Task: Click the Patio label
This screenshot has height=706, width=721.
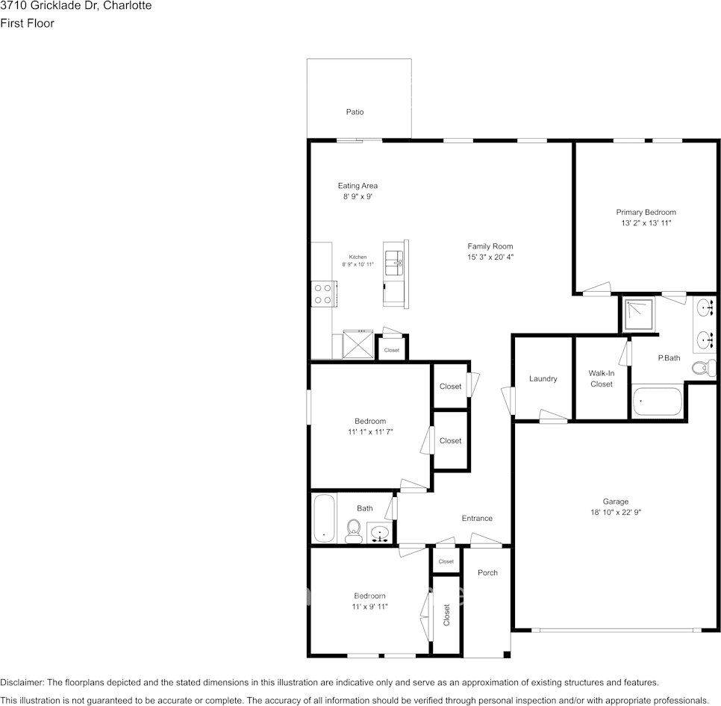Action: coord(355,112)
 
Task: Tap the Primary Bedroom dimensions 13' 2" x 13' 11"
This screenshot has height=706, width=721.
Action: coord(646,223)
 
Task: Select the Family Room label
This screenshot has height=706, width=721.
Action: coord(490,246)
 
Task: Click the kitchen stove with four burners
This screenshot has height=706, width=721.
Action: coord(323,293)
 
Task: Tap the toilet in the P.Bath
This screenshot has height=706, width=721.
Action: coord(702,368)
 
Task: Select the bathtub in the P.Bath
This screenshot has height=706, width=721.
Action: coord(657,402)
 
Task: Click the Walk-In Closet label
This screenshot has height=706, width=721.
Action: coord(601,378)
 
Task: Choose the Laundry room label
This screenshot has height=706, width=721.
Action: coord(543,378)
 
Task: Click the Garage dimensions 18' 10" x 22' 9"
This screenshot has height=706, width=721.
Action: coord(616,513)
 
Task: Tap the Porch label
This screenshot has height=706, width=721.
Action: coord(487,573)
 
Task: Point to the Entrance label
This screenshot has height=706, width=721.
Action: coord(477,519)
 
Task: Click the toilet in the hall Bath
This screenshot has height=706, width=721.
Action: coord(354,531)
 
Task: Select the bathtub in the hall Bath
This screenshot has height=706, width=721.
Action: coord(324,517)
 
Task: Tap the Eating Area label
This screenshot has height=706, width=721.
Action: coord(358,186)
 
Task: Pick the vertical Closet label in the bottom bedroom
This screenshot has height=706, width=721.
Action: coord(446,615)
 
